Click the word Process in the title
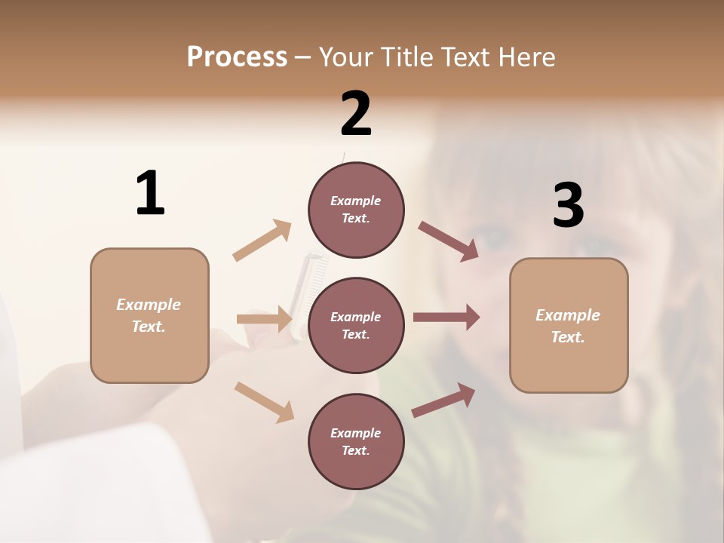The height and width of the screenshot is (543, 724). coord(237,57)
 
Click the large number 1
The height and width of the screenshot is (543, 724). coord(150,193)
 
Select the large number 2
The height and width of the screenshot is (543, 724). coord(356,114)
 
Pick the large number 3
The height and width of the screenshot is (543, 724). coord(568,206)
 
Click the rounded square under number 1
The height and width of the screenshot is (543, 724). coord(149,315)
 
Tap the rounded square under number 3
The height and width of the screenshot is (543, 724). coord(569,325)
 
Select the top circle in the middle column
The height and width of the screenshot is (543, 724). coord(356,210)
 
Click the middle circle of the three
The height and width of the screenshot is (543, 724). coord(356,325)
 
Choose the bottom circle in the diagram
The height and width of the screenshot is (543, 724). coord(356,441)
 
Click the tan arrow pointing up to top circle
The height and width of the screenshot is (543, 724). coord(262,241)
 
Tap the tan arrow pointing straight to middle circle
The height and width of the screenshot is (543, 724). coord(264,320)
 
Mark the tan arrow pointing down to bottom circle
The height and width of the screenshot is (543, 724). coord(264,402)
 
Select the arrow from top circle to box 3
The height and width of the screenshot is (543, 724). coord(449,241)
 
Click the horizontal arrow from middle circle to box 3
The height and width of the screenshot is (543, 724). coord(446,318)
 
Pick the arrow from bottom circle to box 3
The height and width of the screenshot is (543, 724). coord(443,400)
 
